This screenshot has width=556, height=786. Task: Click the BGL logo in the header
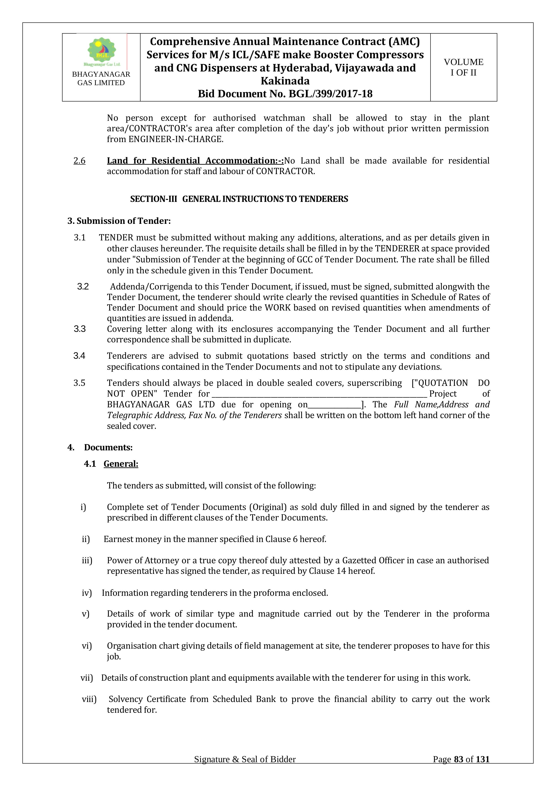[102, 51]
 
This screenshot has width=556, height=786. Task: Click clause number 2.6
[79, 161]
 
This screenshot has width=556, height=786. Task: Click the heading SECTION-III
[153, 199]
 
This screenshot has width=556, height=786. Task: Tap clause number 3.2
[83, 286]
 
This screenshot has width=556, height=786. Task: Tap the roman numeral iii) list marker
[87, 560]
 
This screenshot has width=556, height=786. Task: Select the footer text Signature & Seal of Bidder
[245, 769]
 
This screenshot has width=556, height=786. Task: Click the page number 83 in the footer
[459, 769]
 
